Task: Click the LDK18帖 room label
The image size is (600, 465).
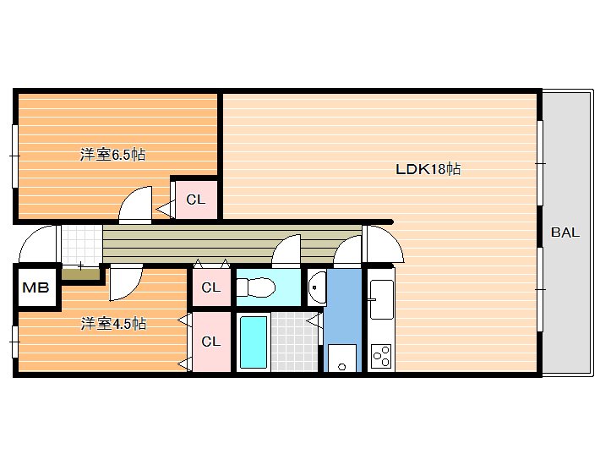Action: tap(428, 169)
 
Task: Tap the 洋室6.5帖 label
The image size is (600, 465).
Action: tap(113, 155)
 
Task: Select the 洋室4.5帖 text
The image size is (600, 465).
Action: tap(113, 324)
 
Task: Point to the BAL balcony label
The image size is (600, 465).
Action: tap(565, 232)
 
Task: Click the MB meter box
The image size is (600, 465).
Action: tap(36, 287)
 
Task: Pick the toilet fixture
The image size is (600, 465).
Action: tap(255, 287)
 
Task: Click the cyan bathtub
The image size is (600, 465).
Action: tap(254, 342)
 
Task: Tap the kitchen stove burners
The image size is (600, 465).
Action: tap(381, 357)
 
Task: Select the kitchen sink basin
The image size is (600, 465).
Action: tap(381, 299)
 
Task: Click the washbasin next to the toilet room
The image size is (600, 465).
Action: tap(318, 287)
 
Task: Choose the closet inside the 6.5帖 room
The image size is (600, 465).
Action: tap(196, 200)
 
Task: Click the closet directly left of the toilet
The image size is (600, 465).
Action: tap(211, 287)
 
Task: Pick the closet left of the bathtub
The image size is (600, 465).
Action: tap(211, 342)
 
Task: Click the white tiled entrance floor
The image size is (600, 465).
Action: tap(82, 244)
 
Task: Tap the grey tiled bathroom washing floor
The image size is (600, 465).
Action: tap(295, 342)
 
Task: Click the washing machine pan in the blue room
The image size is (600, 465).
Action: tap(342, 358)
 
